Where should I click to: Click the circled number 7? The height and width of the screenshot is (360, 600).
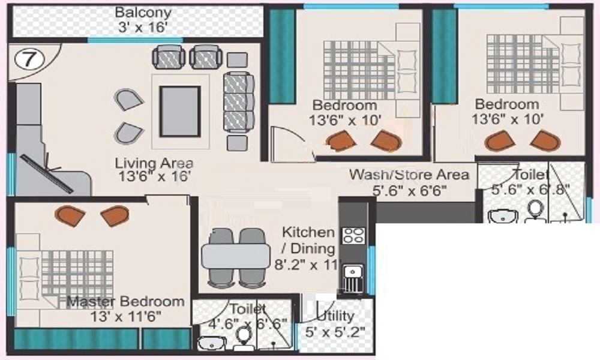point(29,59)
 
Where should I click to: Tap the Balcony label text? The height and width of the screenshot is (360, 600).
point(143,12)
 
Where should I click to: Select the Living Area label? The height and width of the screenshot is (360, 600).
point(154,163)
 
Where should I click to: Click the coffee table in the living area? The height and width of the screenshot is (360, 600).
point(180,112)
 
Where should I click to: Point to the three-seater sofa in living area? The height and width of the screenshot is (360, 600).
point(238,102)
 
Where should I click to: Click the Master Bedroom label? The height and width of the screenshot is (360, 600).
point(125,301)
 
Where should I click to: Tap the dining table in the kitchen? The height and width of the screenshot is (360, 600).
point(236,256)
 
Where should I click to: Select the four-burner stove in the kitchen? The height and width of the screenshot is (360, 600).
point(353,236)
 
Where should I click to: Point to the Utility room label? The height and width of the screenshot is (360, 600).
point(335,316)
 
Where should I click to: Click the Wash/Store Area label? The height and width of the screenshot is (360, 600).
point(409,175)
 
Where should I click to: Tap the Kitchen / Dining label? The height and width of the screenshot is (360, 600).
point(308,240)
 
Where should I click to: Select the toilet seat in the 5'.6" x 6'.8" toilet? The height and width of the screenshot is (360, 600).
point(536,211)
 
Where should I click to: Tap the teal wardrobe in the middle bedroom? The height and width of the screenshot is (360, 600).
point(283,56)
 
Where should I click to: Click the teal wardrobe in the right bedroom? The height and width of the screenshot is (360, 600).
point(445,56)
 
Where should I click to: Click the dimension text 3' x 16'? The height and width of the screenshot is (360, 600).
point(143,28)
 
